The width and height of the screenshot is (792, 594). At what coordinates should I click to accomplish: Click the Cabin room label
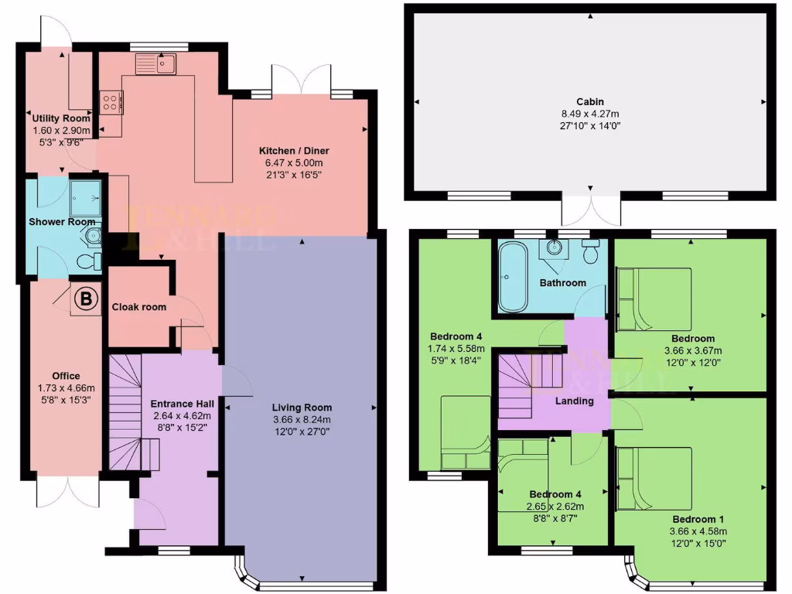pos(589,101)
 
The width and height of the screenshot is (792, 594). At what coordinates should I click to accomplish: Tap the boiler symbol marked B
pos(86,298)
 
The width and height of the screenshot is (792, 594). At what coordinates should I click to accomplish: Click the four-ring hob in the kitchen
pos(110,102)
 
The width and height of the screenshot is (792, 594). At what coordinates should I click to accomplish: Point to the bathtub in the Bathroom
pos(510,277)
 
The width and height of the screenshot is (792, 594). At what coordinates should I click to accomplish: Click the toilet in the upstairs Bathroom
pos(592,251)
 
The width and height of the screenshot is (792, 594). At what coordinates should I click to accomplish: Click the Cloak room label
pos(139,307)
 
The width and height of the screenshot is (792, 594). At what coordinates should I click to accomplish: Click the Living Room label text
pos(302,408)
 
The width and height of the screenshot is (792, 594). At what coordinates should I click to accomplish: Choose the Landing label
pos(575,401)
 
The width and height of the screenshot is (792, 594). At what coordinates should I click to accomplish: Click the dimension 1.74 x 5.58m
pos(456,349)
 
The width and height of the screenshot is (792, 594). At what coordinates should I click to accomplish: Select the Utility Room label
pos(61,118)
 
